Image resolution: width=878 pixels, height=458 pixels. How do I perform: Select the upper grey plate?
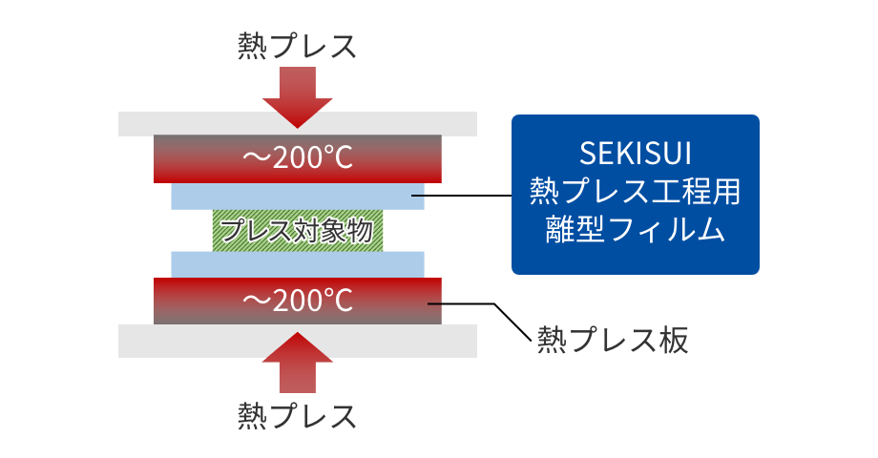coord(297,123)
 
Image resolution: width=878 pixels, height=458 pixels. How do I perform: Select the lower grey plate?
coord(297,341)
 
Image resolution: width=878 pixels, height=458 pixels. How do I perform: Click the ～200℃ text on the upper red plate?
coord(297,157)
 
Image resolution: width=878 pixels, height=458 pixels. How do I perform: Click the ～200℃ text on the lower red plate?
coord(297,301)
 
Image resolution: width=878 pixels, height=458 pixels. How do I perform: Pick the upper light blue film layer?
coord(297,196)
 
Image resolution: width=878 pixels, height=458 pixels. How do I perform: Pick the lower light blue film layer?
coord(297,264)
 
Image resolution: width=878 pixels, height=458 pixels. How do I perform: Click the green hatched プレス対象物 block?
coord(297,230)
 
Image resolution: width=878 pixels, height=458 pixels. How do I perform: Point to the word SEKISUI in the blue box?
coord(635,153)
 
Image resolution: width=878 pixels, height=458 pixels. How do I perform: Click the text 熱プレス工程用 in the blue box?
coord(635,192)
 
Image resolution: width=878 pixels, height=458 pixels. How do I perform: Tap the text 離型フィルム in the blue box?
coord(635,231)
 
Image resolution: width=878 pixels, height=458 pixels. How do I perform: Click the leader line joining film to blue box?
coord(468,196)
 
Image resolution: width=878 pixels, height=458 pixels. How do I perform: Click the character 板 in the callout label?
coord(673,340)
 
